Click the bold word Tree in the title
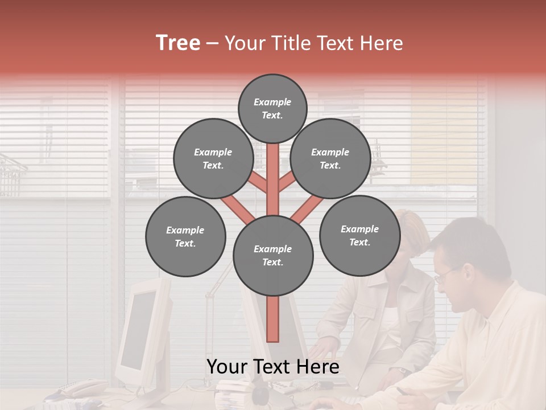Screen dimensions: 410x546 [x=178, y=43]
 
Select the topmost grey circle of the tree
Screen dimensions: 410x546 [x=272, y=108]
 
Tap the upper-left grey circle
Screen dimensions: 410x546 [x=213, y=158]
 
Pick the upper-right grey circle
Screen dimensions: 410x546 [x=330, y=158]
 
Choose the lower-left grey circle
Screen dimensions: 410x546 [x=185, y=236]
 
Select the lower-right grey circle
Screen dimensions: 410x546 [x=359, y=235]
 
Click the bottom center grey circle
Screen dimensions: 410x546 [x=273, y=255]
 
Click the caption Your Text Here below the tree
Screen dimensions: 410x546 [x=272, y=367]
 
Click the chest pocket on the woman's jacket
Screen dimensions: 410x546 [x=365, y=310]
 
